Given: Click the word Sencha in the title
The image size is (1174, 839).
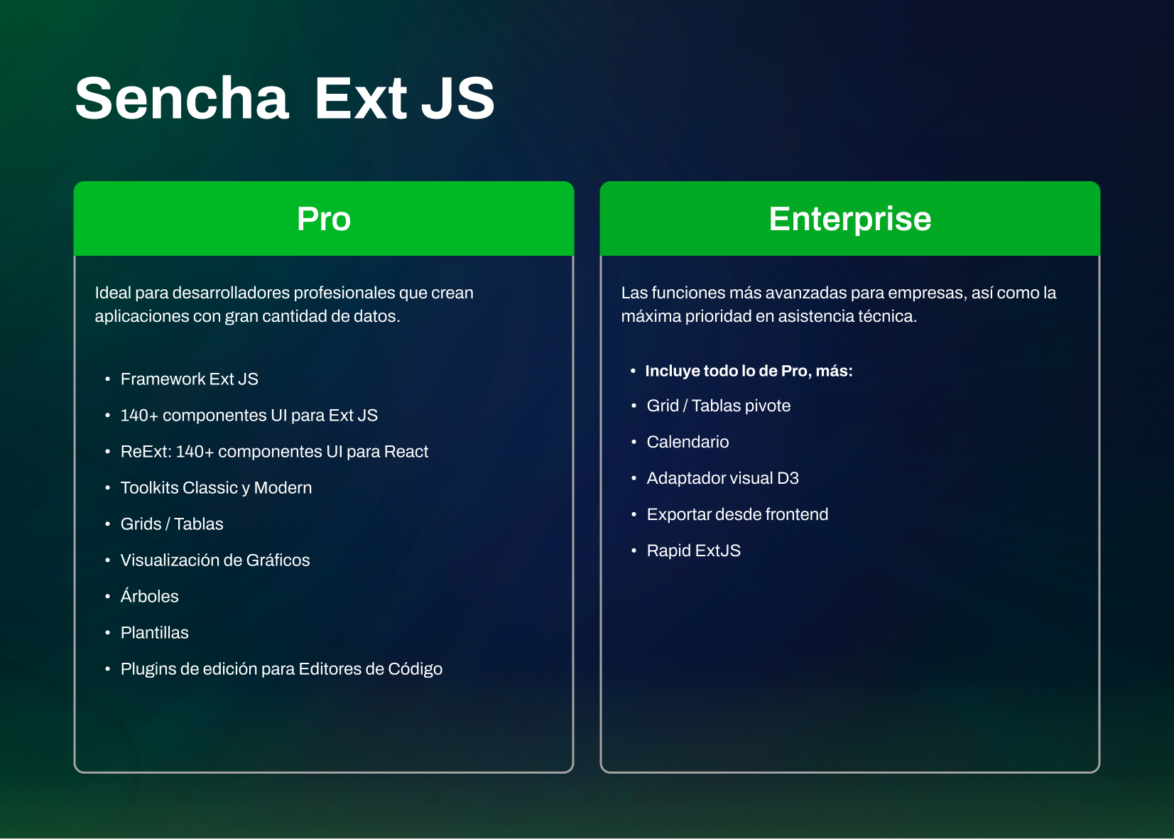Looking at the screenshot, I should pos(182,98).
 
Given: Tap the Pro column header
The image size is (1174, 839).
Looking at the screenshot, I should pos(324,219).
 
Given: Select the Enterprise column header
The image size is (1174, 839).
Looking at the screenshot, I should pos(849,219).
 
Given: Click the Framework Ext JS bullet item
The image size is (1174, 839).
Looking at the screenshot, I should pos(189,379).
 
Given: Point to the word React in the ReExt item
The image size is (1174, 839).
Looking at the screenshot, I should pos(406,452).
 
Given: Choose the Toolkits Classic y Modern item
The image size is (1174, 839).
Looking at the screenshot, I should pos(216,488).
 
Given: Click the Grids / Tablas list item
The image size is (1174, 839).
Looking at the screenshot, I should pos(172,524).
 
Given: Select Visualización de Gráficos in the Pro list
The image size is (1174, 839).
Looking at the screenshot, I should pos(215,561).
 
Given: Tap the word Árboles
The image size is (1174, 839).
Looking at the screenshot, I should pos(150,597).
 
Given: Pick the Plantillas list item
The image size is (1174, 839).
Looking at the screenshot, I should pos(155,633).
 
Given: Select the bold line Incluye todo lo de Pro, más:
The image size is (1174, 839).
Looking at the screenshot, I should pos(749,371).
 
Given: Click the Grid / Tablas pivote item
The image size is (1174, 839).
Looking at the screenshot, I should pos(718,406).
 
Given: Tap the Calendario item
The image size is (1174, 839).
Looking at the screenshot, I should pos(687,442).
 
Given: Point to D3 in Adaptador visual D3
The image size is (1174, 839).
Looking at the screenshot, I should pos(788,478).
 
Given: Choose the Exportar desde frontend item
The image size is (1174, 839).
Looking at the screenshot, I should pos(737,514).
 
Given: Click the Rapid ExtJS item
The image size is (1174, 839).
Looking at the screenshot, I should pos(693,551).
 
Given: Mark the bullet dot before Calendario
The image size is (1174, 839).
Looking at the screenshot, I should pos(634,442).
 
